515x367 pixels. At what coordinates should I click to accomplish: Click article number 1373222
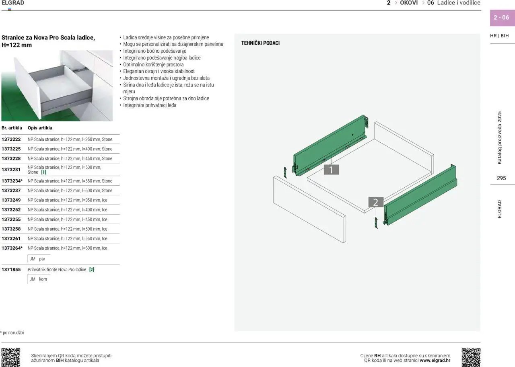pyautogui.click(x=11, y=139)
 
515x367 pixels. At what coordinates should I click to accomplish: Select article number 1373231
pyautogui.click(x=11, y=170)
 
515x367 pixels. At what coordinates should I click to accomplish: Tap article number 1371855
pyautogui.click(x=11, y=270)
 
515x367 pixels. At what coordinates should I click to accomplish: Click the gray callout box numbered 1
pyautogui.click(x=331, y=170)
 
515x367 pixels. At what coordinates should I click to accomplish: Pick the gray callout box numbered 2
pyautogui.click(x=376, y=202)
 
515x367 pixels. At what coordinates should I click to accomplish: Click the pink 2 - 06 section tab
pyautogui.click(x=503, y=18)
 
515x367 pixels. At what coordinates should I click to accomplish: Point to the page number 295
pyautogui.click(x=501, y=178)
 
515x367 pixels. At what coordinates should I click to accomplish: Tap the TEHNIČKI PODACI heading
pyautogui.click(x=260, y=43)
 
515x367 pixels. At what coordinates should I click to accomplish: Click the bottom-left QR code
pyautogui.click(x=11, y=357)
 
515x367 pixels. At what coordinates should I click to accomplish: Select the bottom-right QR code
pyautogui.click(x=471, y=357)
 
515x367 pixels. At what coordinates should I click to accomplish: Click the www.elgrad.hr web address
pyautogui.click(x=435, y=360)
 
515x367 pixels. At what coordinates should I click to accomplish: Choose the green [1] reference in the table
pyautogui.click(x=43, y=172)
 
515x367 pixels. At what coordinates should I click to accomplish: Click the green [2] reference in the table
pyautogui.click(x=91, y=270)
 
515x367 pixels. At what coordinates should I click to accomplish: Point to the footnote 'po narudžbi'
pyautogui.click(x=13, y=332)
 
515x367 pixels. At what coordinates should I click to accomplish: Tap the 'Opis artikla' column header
pyautogui.click(x=40, y=128)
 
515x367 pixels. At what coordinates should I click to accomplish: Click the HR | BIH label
pyautogui.click(x=499, y=36)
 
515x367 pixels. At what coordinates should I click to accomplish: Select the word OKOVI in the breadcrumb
pyautogui.click(x=409, y=3)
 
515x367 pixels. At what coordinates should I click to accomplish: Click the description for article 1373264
pyautogui.click(x=67, y=248)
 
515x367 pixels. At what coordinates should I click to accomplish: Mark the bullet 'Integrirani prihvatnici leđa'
pyautogui.click(x=150, y=105)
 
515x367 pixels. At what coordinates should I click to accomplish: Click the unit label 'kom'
pyautogui.click(x=43, y=279)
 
